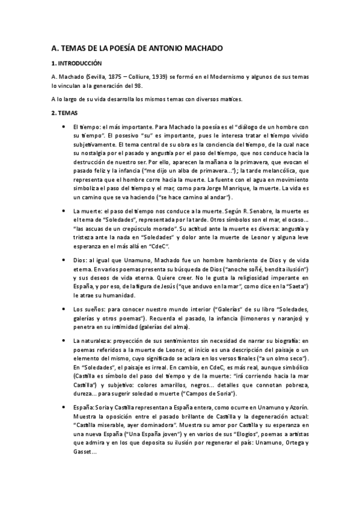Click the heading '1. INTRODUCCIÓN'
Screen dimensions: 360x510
tap(78, 63)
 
